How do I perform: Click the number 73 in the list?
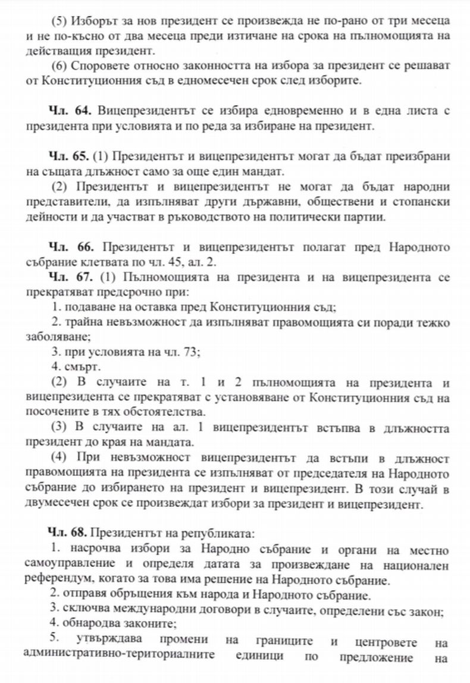[x=190, y=352]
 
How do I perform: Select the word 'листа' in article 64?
[x=402, y=111]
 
